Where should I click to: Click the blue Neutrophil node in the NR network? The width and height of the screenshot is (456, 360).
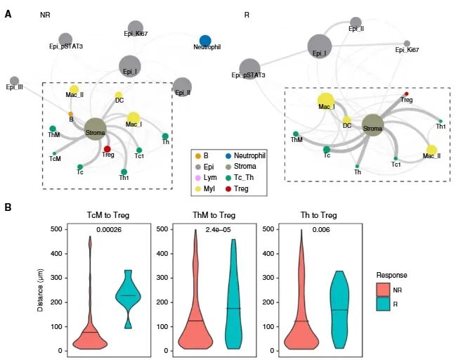(205, 41)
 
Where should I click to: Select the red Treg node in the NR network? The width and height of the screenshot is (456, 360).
(107, 149)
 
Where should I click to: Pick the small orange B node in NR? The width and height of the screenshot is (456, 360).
(70, 113)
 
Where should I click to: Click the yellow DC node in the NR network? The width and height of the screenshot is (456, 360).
(119, 95)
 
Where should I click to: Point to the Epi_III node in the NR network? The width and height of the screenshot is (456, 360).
(14, 80)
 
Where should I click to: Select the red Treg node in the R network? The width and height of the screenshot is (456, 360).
(406, 94)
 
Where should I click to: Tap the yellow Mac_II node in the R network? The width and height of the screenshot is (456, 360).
(431, 150)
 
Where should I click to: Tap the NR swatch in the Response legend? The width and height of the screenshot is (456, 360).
(382, 289)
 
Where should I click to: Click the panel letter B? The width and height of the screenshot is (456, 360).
(8, 207)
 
